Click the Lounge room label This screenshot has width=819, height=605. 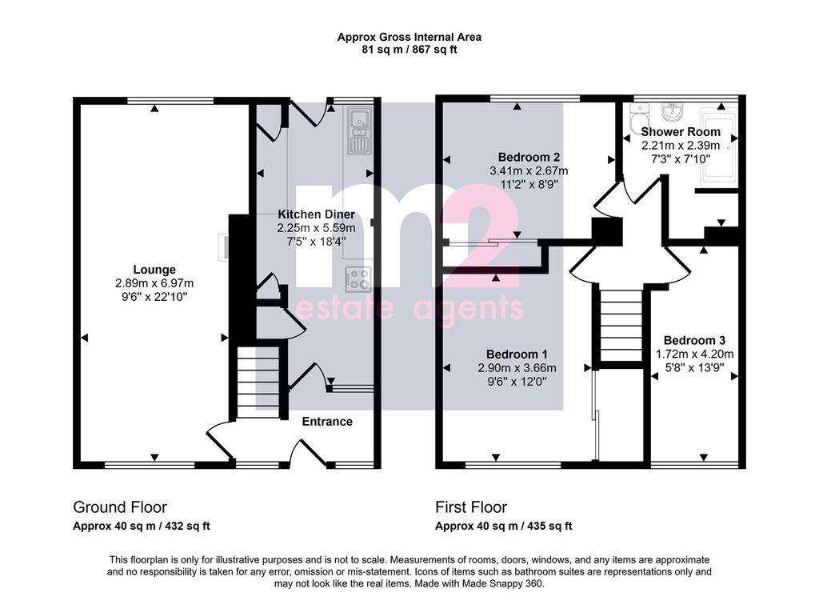154,270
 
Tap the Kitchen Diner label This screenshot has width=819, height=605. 316,214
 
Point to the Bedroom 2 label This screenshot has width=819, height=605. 528,157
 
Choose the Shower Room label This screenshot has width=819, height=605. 681,132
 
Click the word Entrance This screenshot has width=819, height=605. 326,422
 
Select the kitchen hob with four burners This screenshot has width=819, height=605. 357,278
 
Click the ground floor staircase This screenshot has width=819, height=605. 258,383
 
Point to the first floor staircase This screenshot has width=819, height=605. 621,326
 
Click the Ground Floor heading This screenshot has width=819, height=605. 120,507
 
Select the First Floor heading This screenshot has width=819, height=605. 471,507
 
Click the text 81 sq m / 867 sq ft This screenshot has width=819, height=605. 409,50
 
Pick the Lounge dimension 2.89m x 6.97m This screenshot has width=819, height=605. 154,283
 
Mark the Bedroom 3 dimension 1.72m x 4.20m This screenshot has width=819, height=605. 694,354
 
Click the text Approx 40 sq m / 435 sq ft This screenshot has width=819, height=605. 503,527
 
